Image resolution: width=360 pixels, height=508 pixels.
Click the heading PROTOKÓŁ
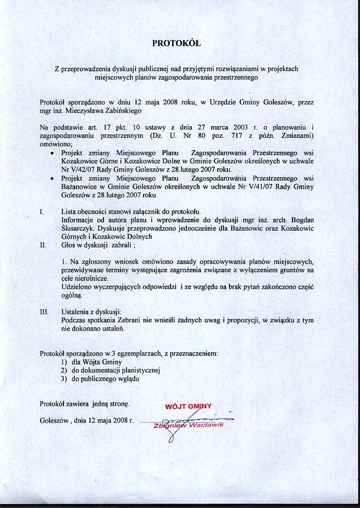(177, 43)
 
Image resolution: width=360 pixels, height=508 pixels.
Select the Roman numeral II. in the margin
(43, 245)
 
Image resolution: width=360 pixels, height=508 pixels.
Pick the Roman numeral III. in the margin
(44, 311)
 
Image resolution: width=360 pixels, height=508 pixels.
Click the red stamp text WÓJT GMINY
(188, 406)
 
